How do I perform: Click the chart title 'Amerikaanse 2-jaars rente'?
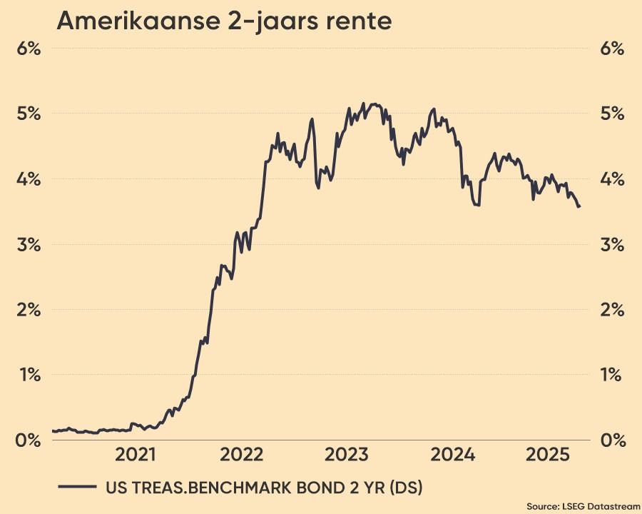[x=224, y=21]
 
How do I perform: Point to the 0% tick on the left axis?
[x=28, y=440]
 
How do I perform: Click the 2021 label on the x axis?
[x=136, y=454]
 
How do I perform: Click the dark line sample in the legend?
[x=77, y=487]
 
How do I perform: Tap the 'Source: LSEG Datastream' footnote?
[x=584, y=505]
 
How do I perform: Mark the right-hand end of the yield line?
[x=579, y=207]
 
